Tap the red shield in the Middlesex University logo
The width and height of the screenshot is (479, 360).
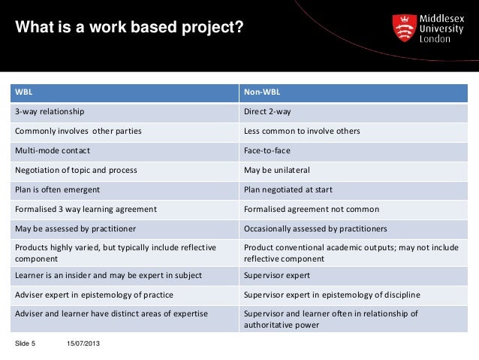pos(405,29)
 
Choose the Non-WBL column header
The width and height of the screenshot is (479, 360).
pos(261,92)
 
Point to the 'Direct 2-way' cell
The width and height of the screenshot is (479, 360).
pos(267,112)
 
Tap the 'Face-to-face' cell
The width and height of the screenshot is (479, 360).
pos(266,150)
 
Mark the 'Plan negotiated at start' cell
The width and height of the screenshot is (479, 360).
pos(288,189)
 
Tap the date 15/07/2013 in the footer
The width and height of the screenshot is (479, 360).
pos(83,343)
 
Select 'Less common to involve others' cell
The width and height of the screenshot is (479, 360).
pos(302,132)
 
